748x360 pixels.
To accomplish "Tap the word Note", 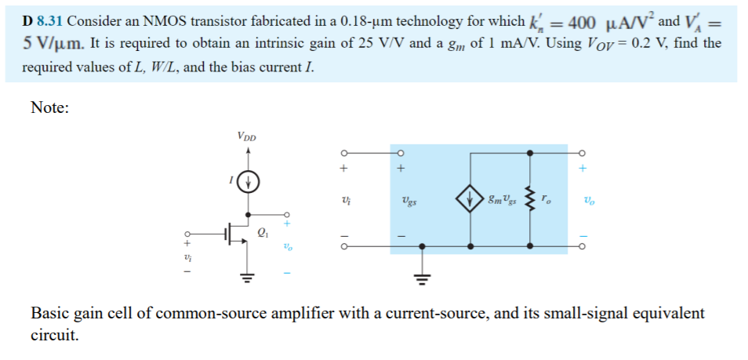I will [49, 108].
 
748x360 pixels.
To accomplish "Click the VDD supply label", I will [248, 138].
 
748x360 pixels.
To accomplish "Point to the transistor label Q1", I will [263, 232].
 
